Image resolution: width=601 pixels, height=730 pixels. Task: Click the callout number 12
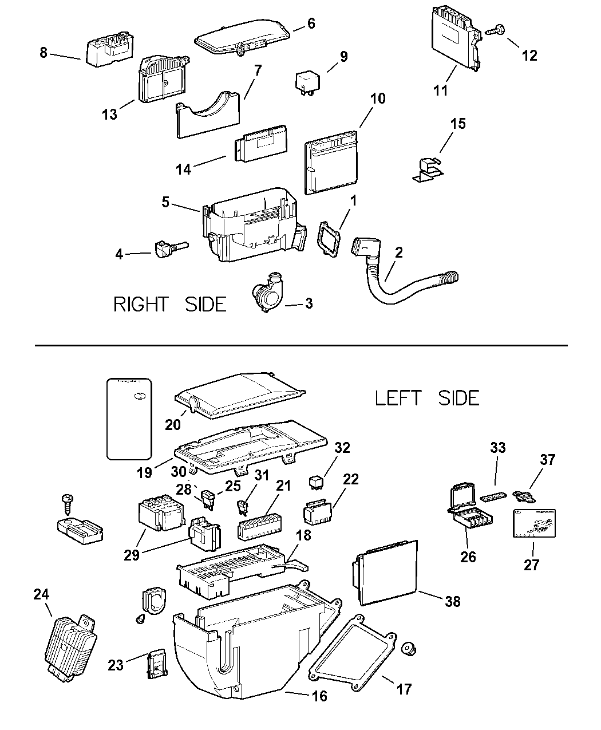529,55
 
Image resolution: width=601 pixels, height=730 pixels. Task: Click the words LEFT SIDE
427,397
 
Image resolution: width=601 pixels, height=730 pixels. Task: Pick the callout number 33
498,448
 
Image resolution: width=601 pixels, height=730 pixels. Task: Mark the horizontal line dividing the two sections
300,345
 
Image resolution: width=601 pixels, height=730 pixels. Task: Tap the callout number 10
378,98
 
